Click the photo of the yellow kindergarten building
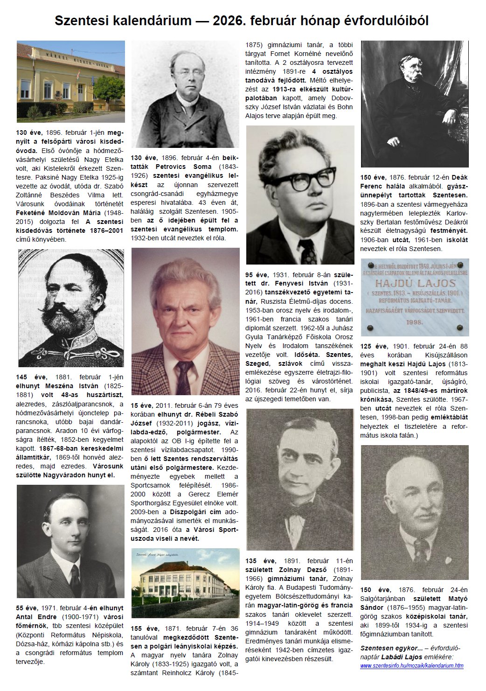[x=71, y=81]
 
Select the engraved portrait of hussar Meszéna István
[x=71, y=308]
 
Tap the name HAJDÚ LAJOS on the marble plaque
[x=414, y=283]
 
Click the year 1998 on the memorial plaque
[x=414, y=322]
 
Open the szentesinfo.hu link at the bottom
[x=411, y=665]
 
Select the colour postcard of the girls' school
[x=186, y=584]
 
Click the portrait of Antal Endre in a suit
[x=71, y=541]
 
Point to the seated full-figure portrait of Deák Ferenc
[x=415, y=104]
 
